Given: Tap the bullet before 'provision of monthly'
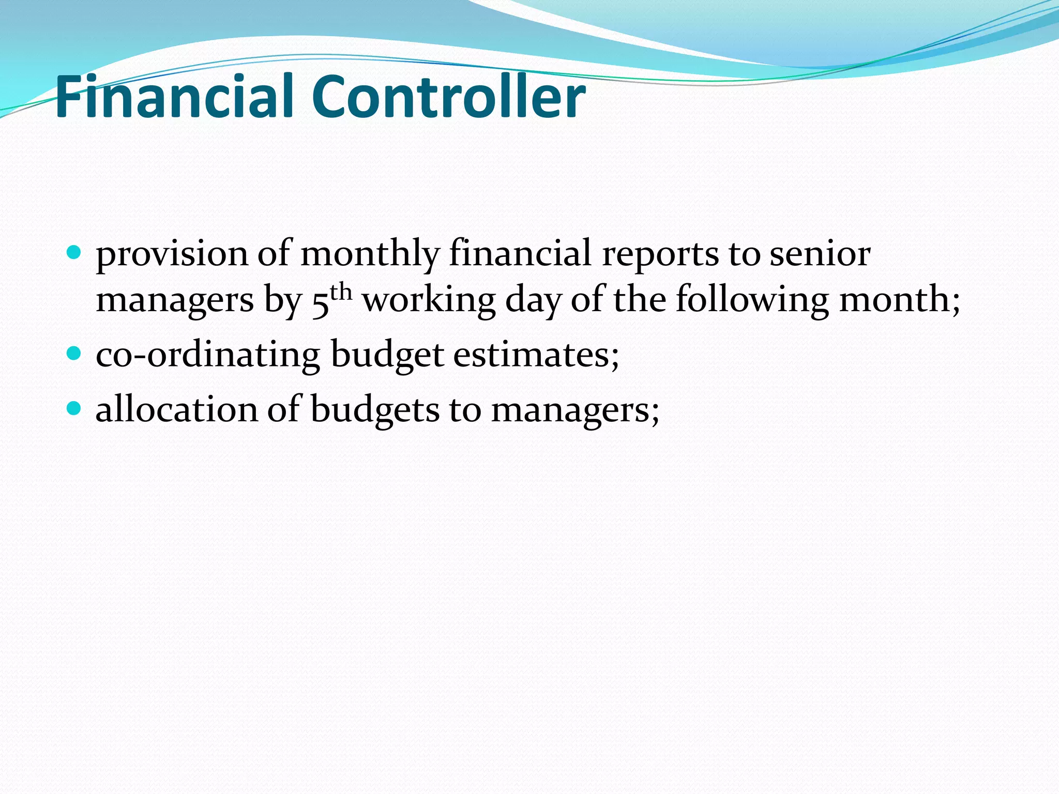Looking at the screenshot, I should pyautogui.click(x=74, y=253).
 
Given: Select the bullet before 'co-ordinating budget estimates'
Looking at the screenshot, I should pyautogui.click(x=74, y=354).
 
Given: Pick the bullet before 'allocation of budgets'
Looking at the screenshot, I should pyautogui.click(x=74, y=408).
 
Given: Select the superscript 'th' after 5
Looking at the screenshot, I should pyautogui.click(x=341, y=293).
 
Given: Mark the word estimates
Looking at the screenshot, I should pyautogui.click(x=536, y=355).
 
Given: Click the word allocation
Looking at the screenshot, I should pyautogui.click(x=176, y=410).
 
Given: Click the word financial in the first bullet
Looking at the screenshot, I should pyautogui.click(x=520, y=254).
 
